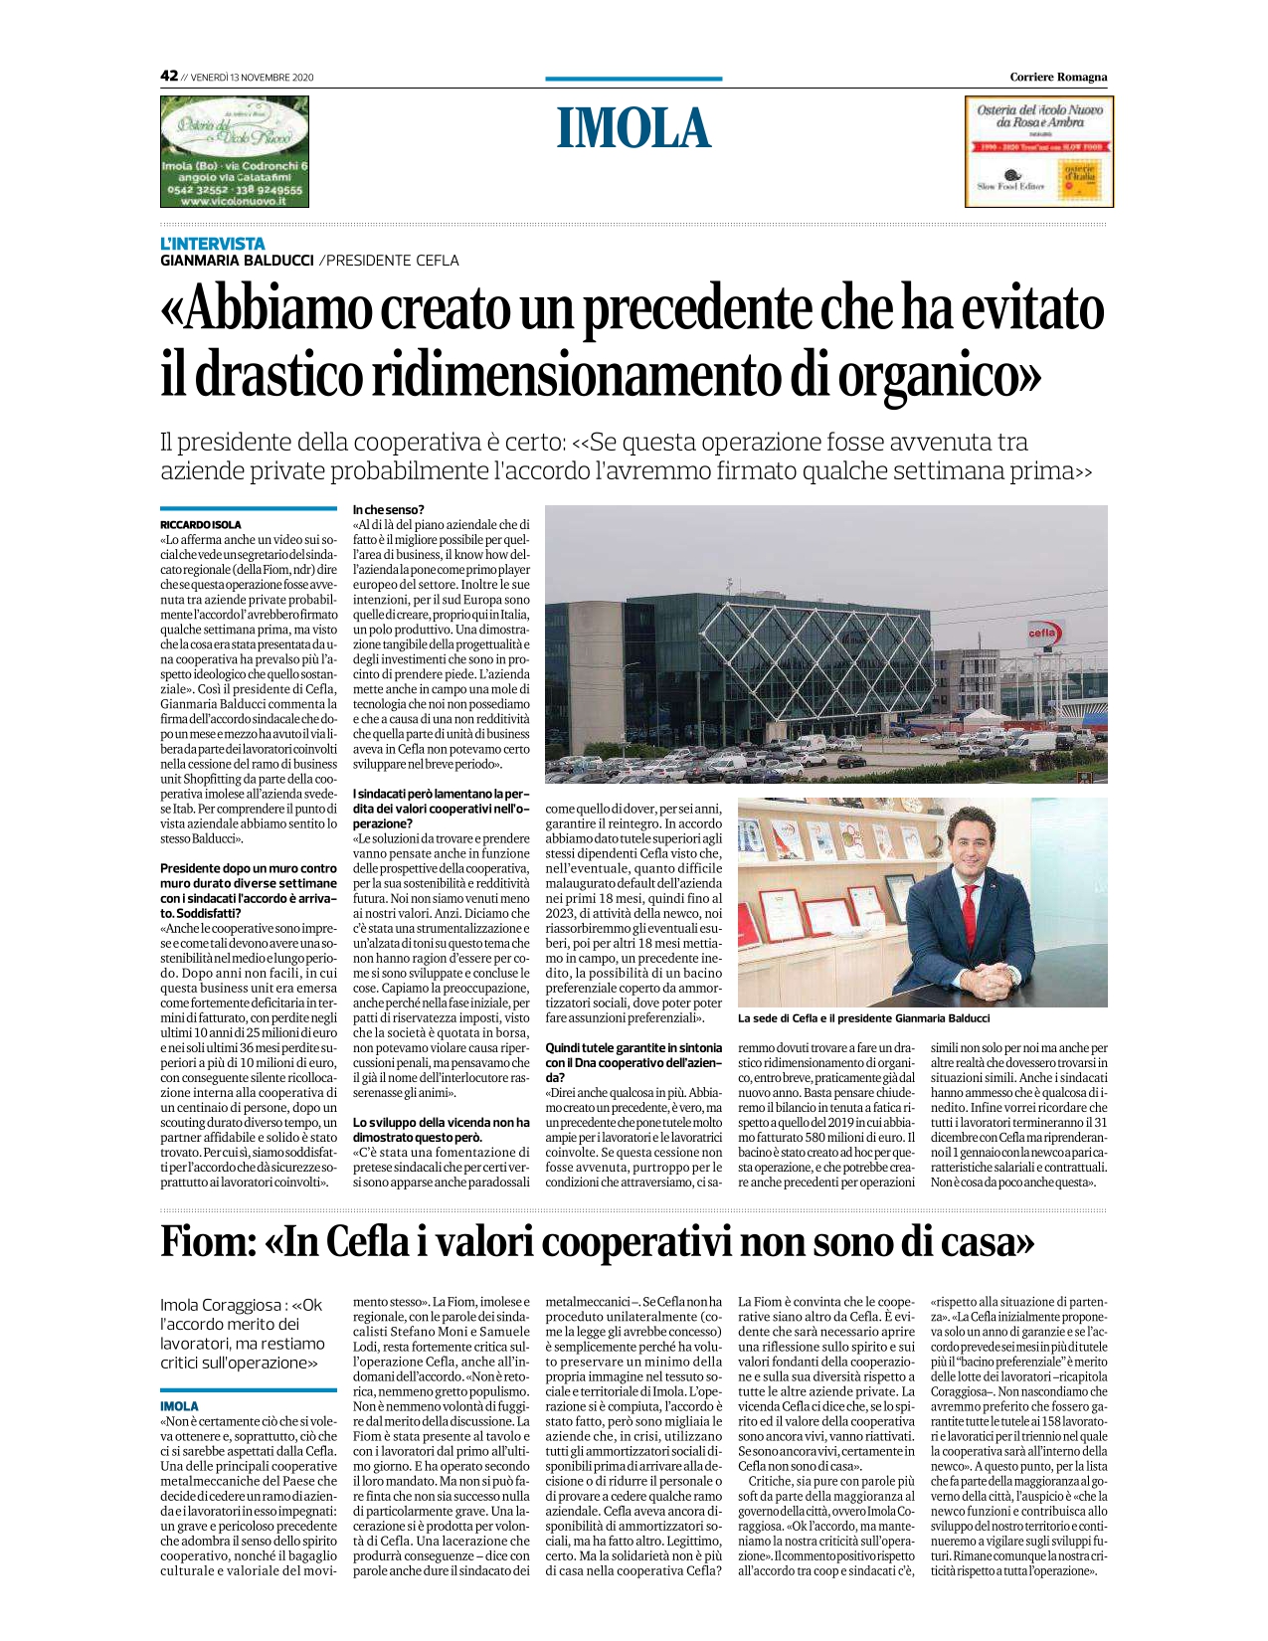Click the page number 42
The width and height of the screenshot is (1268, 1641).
[169, 76]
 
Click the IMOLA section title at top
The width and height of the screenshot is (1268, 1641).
[634, 128]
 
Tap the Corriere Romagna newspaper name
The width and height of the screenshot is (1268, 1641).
[1057, 77]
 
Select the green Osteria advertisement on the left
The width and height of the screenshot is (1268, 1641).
[236, 151]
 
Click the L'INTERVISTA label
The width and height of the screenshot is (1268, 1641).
[213, 244]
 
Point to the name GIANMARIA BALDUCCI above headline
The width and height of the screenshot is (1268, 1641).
[237, 261]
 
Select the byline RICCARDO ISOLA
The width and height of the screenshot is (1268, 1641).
[201, 524]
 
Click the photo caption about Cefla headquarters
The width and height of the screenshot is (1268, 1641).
[863, 1018]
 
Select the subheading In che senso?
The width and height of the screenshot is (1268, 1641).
[389, 510]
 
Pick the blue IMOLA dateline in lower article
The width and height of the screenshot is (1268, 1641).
[179, 1406]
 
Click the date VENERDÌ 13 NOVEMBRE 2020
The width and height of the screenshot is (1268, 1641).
[252, 78]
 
